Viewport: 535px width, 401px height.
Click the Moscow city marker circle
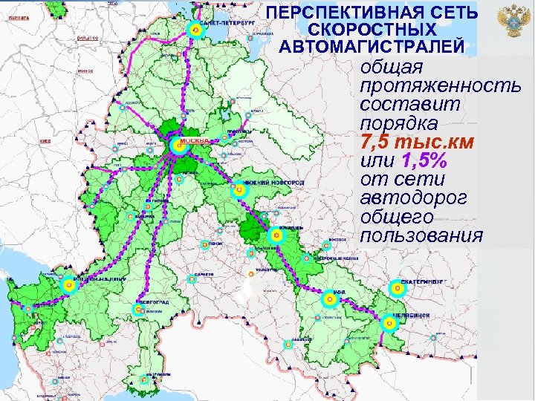[177, 146]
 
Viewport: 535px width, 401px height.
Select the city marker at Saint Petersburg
[195, 31]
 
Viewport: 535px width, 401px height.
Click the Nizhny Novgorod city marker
[239, 190]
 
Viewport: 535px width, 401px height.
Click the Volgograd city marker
[139, 310]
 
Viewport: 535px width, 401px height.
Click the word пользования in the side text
[421, 236]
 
